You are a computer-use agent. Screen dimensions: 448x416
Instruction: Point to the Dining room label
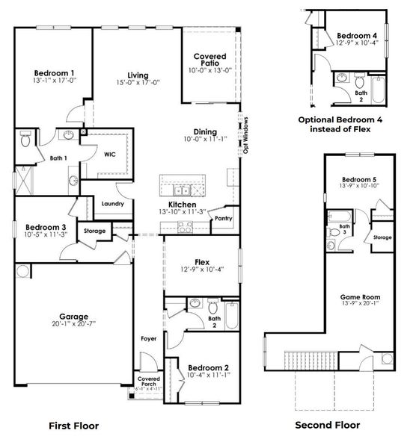tap(205, 131)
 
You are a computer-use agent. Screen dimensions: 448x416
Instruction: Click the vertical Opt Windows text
tap(244, 134)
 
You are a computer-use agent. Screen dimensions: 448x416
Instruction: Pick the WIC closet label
tap(108, 155)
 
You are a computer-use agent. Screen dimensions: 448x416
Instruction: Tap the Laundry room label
tap(112, 203)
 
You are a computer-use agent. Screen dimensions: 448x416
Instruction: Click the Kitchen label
tap(182, 205)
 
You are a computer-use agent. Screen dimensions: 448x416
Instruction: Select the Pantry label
tap(223, 219)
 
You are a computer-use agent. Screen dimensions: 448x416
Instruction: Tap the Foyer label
tap(148, 339)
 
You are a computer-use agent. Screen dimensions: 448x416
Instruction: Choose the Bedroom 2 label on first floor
tap(203, 367)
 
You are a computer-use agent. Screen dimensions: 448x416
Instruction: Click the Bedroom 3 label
tap(46, 228)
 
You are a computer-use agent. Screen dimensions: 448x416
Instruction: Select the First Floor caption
tap(73, 426)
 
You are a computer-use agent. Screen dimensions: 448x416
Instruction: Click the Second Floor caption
tap(326, 426)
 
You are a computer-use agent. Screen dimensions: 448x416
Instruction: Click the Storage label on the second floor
tap(382, 237)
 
